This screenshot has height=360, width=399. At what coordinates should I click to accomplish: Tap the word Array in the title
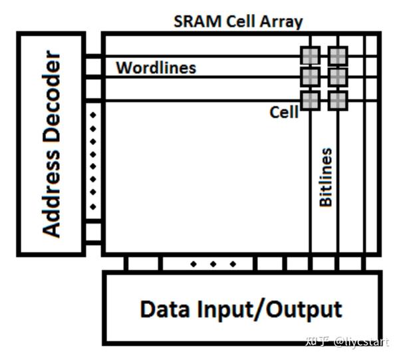281,21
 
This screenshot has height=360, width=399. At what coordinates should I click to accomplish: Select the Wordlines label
156,68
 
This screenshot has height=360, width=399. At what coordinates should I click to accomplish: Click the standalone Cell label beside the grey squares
283,112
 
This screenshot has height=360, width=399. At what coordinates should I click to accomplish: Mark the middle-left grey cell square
310,78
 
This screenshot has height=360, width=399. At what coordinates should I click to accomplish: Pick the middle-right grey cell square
338,78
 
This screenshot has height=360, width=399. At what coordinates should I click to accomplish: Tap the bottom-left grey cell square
310,100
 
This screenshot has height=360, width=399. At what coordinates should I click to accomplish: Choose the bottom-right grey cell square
338,100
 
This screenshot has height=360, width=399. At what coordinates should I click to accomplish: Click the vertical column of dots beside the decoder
93,160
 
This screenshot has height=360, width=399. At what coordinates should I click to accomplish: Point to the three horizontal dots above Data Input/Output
213,264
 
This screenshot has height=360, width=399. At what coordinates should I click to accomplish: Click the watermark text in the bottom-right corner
346,342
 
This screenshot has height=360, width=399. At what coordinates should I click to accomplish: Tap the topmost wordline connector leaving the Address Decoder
93,56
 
